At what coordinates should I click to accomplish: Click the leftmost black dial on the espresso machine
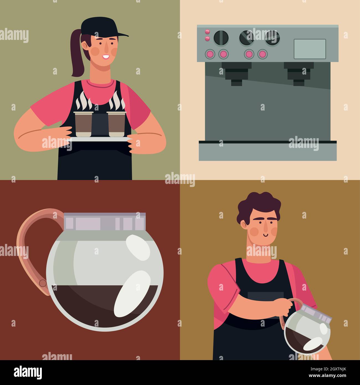click(221, 37)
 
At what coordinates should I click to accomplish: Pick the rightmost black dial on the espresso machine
click(272, 37)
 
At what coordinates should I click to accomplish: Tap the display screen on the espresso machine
click(310, 49)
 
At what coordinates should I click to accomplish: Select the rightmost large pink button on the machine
click(262, 54)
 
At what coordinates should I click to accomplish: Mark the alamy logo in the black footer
click(28, 372)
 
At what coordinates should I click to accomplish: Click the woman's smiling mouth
click(106, 57)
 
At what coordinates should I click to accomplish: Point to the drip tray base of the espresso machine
click(268, 151)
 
